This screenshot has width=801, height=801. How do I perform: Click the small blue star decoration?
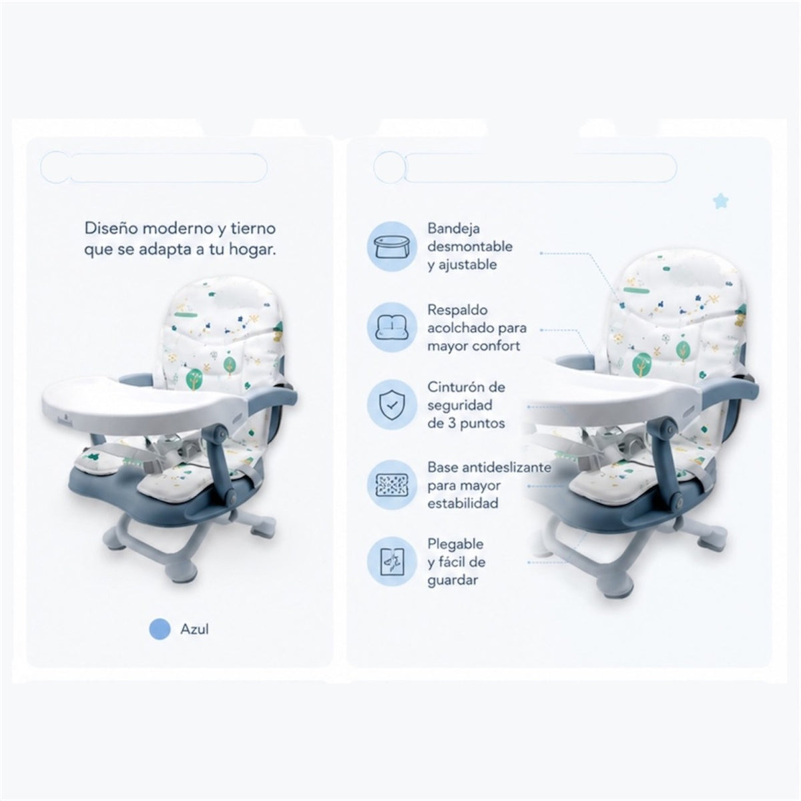[720, 201]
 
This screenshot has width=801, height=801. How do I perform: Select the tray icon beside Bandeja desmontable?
[392, 246]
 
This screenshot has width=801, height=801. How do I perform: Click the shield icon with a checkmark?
[392, 405]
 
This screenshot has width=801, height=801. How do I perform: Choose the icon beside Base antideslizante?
[392, 485]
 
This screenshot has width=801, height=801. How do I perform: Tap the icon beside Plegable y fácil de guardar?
[392, 561]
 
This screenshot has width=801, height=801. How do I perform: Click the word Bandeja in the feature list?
[453, 228]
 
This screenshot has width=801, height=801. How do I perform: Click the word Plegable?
[456, 544]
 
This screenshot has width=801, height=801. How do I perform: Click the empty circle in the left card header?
[55, 167]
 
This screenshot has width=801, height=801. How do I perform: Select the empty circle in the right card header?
[389, 167]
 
